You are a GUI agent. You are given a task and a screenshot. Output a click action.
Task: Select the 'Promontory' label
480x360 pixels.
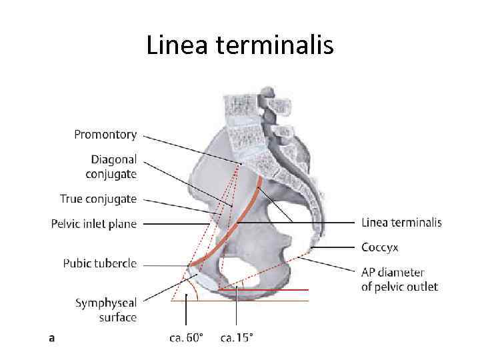(105, 135)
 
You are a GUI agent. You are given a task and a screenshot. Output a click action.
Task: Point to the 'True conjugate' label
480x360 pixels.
(98, 199)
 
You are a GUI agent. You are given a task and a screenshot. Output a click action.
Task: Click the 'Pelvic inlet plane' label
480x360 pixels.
(93, 224)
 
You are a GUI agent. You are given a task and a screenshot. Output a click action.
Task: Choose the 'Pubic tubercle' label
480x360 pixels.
(100, 263)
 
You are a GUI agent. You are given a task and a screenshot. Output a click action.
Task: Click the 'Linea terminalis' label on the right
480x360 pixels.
(401, 222)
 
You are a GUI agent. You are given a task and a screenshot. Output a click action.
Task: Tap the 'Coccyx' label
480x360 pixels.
(379, 247)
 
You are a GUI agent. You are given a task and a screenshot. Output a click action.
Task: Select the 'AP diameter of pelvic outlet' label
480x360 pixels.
(399, 280)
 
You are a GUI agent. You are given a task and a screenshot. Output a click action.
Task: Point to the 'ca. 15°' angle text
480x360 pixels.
(237, 338)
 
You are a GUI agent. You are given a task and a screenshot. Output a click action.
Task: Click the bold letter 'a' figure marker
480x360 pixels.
(52, 338)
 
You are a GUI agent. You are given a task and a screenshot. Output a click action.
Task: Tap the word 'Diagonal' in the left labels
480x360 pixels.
(114, 160)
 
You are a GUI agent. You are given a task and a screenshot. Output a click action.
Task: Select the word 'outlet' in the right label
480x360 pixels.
(421, 287)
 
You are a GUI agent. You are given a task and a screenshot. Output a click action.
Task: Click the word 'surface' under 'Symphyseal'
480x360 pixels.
(118, 317)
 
